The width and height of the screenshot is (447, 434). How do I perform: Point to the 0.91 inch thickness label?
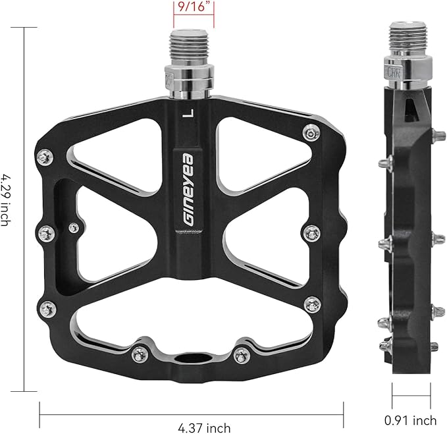pyautogui.click(x=411, y=420)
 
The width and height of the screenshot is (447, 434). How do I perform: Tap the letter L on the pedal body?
pyautogui.click(x=190, y=113)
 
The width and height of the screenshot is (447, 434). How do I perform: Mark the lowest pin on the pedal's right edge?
pyautogui.click(x=313, y=304)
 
